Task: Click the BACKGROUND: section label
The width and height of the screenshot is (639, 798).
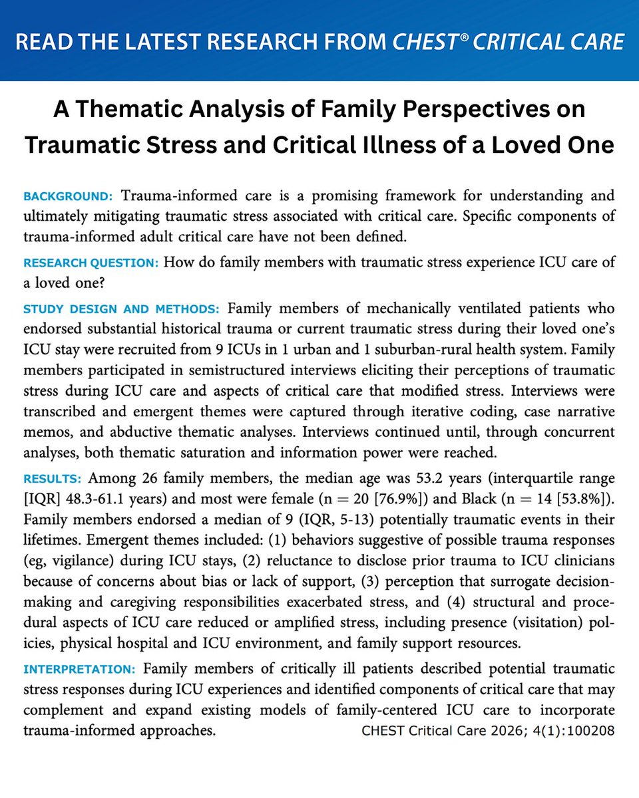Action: point(68,198)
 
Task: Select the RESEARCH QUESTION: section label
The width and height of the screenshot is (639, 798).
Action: point(91,263)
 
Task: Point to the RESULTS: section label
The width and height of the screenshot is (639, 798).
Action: point(53,479)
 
